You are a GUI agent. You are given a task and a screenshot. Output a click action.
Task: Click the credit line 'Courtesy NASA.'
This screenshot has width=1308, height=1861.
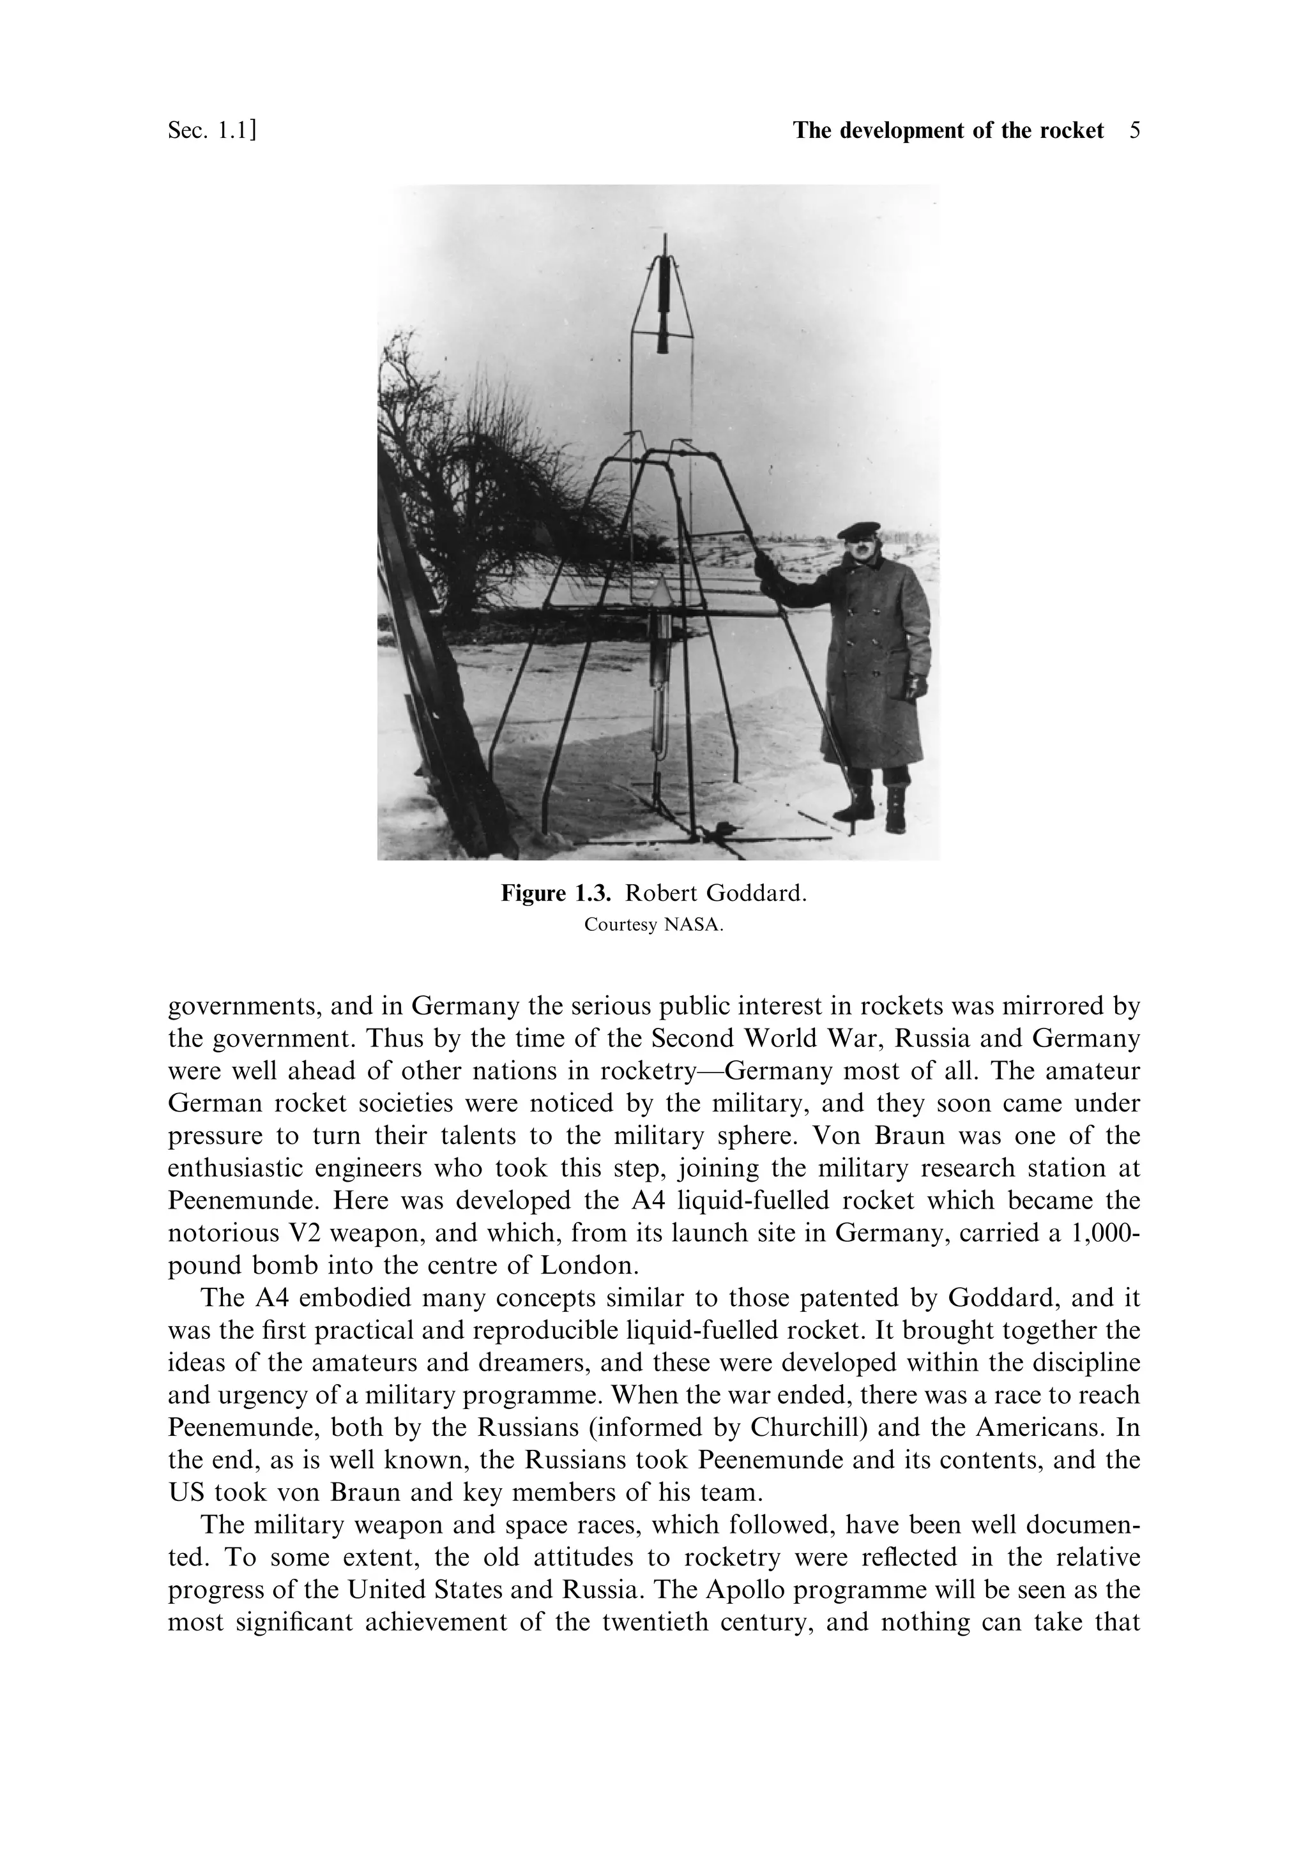653,925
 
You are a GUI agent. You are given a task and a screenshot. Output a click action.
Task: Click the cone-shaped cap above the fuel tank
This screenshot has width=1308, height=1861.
664,591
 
